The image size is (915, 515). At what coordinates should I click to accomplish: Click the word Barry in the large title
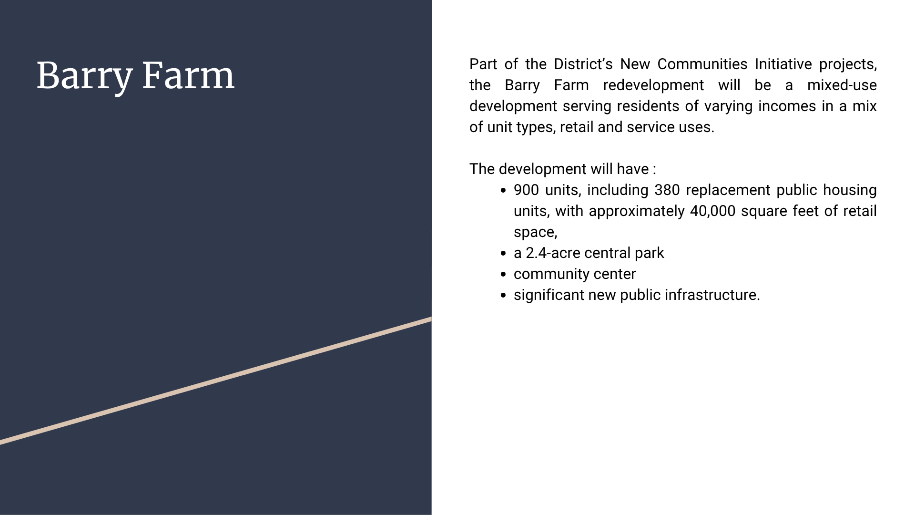point(84,76)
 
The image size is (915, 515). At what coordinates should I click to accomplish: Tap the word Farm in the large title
point(188,75)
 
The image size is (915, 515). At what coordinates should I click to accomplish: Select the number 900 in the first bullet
point(526,190)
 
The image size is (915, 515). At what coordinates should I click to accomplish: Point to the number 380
point(667,190)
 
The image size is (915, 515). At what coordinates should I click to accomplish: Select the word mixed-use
point(842,85)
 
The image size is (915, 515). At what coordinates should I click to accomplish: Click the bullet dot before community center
point(504,275)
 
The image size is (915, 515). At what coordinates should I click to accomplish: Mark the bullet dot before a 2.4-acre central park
point(504,254)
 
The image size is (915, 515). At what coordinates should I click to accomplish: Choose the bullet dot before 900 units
point(504,191)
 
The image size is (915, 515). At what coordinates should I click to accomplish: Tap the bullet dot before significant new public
point(504,296)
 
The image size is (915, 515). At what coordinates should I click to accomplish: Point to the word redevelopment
point(653,85)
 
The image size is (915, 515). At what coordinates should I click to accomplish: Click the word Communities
point(703,64)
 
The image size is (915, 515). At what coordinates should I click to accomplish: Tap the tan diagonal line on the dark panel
point(216,381)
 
